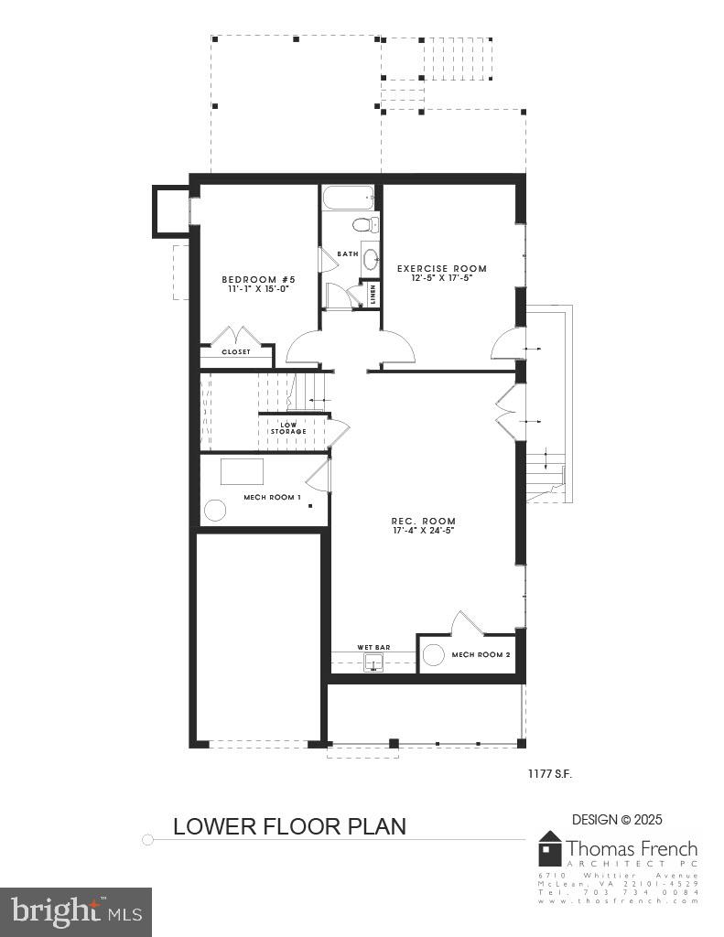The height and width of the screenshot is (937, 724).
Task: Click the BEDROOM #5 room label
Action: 259,279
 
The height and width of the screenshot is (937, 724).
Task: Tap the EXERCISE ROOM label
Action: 441,268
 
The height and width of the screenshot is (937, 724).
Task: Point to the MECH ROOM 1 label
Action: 272,497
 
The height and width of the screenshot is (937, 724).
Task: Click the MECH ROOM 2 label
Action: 481,655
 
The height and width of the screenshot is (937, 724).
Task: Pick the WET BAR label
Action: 374,647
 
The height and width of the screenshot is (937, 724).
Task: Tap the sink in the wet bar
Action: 373,662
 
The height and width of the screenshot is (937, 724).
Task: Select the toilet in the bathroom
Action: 365,224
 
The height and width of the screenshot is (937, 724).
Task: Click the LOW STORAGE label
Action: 288,427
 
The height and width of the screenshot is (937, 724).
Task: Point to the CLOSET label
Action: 235,351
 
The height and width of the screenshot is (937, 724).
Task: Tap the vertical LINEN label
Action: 373,294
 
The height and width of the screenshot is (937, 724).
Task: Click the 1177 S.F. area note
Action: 549,774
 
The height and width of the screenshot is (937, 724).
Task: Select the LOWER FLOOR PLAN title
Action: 289,826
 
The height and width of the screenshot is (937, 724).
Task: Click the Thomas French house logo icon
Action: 549,848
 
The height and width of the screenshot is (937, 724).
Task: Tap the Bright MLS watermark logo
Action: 76,911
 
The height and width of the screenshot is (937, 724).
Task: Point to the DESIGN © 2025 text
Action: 617,820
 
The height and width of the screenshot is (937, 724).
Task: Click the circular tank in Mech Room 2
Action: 434,655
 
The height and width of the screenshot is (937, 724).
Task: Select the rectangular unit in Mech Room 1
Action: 242,471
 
